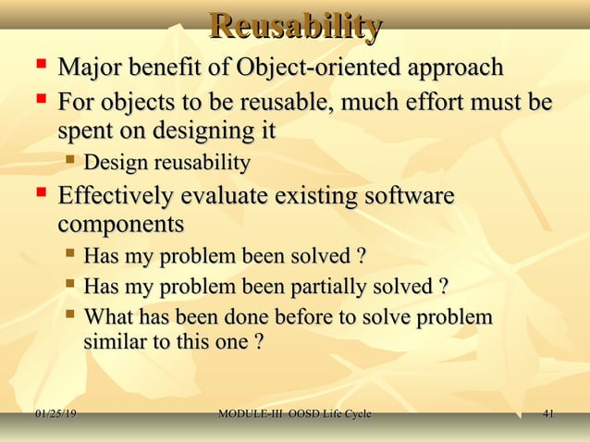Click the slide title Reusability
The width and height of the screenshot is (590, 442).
coord(295,27)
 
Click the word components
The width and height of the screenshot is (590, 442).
coord(120,226)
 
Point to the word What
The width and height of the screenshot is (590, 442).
coord(109,317)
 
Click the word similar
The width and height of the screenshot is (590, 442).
coord(116,342)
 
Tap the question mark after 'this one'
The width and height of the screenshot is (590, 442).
coord(259,342)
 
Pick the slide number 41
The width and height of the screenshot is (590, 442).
coord(548,413)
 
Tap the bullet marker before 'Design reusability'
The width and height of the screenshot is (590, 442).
coord(69,163)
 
